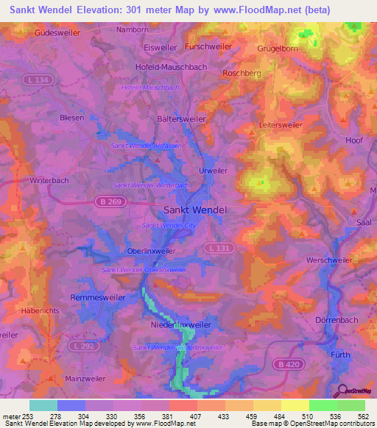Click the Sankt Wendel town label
pos(194,209)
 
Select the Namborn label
pos(133,30)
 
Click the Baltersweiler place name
pos(182,118)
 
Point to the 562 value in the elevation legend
pos(364,416)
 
